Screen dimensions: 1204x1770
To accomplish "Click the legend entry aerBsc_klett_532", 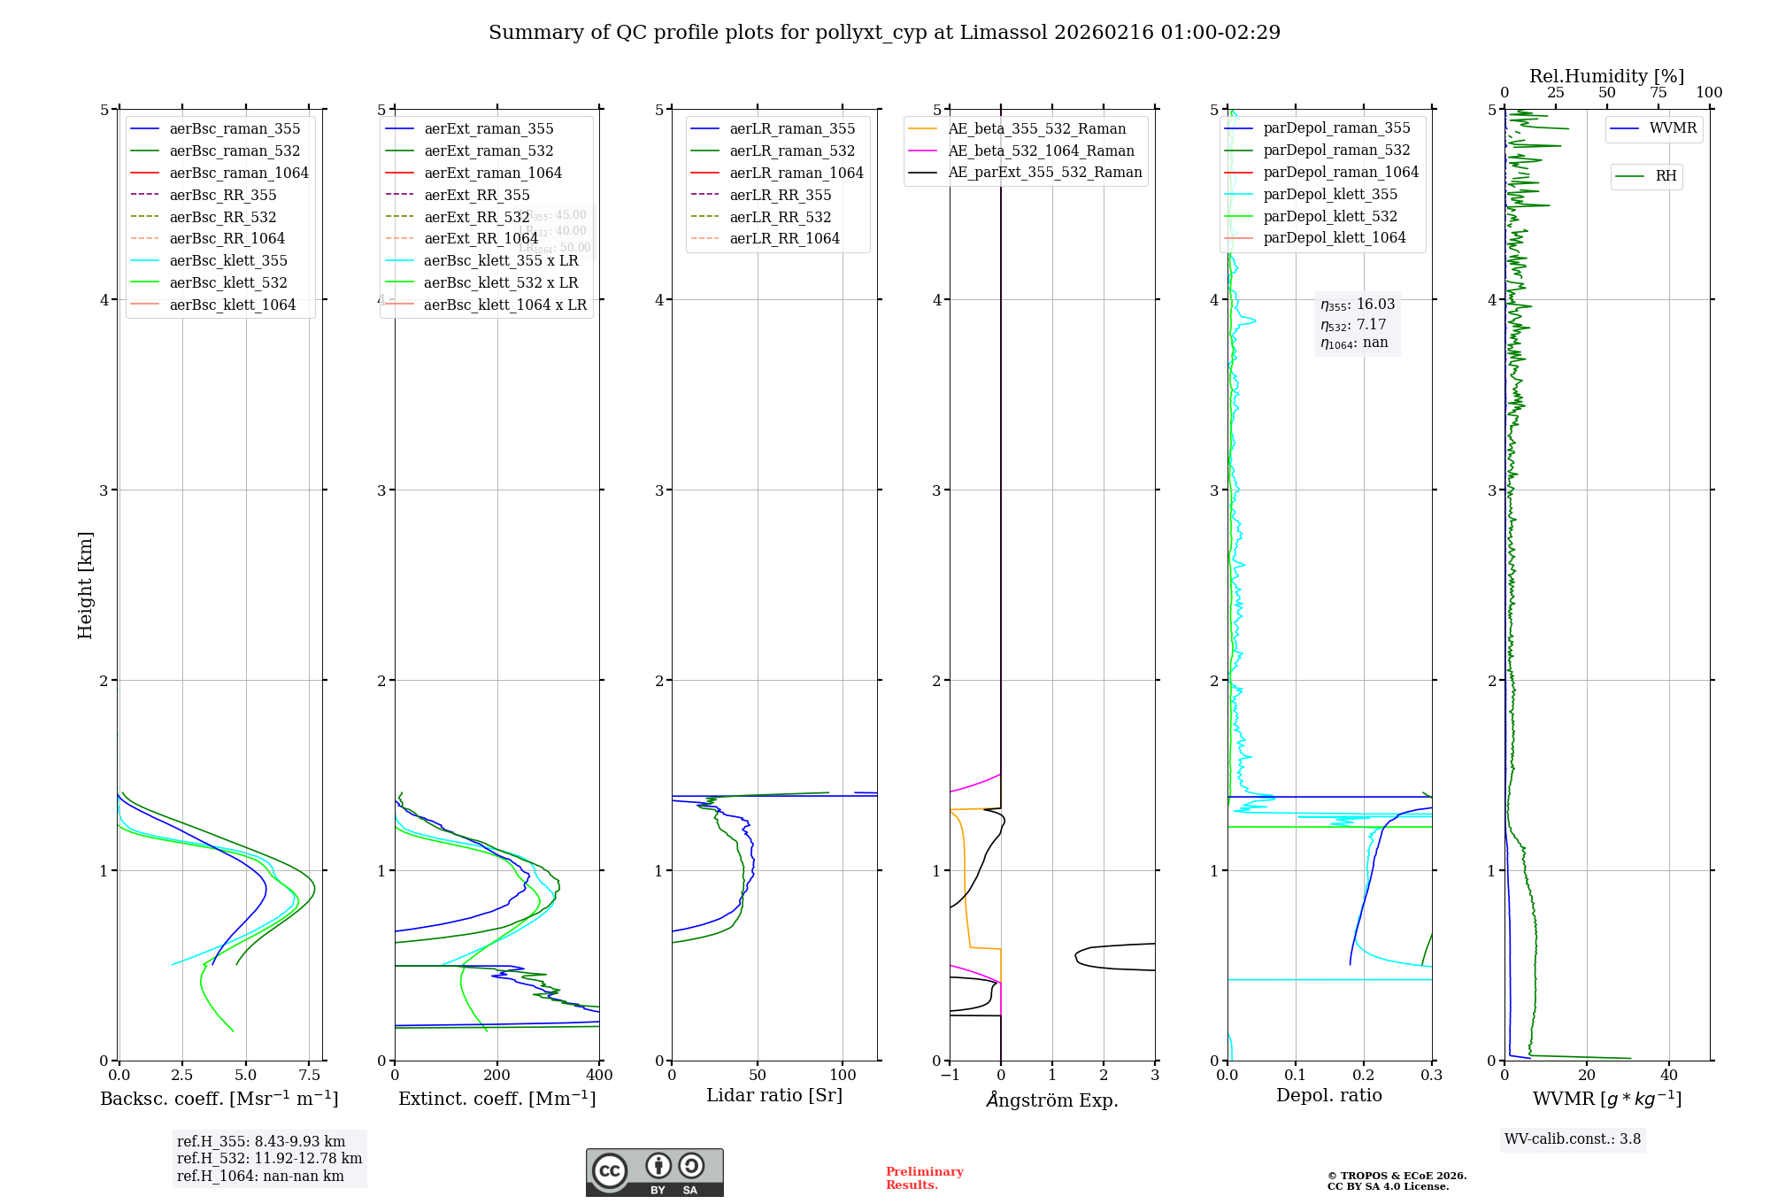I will coord(227,282).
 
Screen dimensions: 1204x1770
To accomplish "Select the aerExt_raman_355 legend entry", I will coord(489,128).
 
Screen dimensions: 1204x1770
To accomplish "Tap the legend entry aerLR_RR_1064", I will coord(784,238).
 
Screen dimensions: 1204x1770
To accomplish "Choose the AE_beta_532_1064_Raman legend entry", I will coord(1041,150).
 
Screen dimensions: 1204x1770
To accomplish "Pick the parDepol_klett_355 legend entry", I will coord(1330,194).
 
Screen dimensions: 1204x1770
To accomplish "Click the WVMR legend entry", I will coord(1673,128).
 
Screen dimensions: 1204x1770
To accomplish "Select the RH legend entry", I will coord(1666,176).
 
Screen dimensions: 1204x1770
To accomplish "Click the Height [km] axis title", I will coord(85,584).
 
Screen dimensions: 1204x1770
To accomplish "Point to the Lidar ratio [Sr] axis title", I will coord(774,1095).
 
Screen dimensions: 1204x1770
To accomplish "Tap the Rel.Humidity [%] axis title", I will coord(1606,76).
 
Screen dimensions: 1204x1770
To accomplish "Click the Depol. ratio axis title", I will coord(1328,1095).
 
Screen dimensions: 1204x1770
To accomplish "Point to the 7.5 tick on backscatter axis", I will coord(309,1076).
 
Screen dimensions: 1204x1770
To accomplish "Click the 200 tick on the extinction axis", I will coord(497,1076).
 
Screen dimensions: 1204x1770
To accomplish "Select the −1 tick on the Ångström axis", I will coord(950,1076).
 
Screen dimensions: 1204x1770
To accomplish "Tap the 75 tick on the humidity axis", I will coord(1658,93).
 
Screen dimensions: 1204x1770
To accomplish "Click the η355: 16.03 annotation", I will coord(1358,305).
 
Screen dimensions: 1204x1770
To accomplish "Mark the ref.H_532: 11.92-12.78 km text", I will coord(269,1158).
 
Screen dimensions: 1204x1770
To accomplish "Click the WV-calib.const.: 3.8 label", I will coord(1573,1138).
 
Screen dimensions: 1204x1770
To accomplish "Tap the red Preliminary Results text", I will coord(924,1178).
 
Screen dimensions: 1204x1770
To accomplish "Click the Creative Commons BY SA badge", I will coord(655,1173).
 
